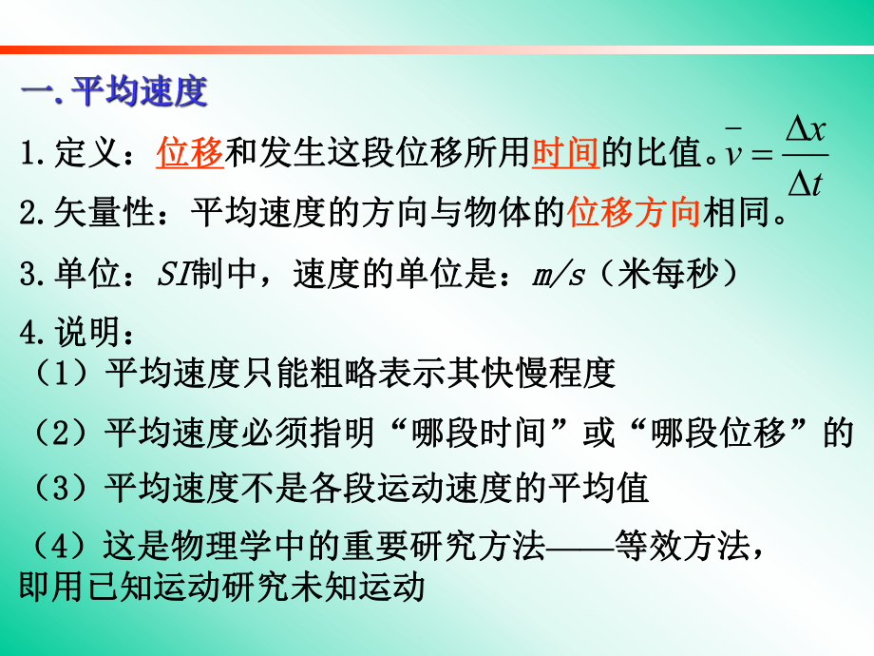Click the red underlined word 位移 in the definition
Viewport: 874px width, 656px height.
click(190, 152)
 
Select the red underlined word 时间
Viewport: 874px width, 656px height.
click(565, 152)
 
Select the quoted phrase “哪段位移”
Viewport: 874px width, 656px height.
click(718, 433)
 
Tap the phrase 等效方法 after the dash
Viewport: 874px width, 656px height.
click(680, 547)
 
